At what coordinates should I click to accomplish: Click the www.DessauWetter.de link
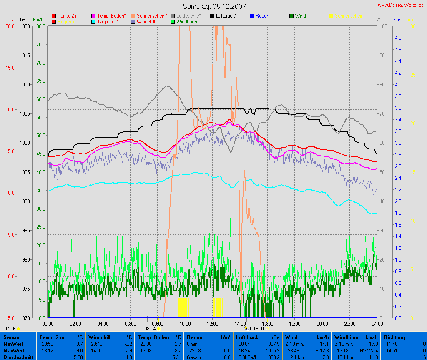pos(402,5)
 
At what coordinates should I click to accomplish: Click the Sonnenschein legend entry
pos(152,16)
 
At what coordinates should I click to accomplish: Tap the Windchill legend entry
pos(147,21)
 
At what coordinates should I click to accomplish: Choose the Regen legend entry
pos(262,16)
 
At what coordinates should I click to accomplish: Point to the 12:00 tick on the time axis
pos(213,324)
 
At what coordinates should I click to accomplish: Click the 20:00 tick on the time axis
pos(322,324)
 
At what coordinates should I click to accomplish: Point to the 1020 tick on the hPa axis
pos(25,26)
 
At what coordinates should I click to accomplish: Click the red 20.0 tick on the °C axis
pos(10,26)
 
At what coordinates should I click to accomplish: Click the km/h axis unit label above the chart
pos(38,20)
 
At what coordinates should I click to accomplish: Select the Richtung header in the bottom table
pos(394,337)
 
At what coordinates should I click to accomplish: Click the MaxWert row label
pos(13,351)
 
